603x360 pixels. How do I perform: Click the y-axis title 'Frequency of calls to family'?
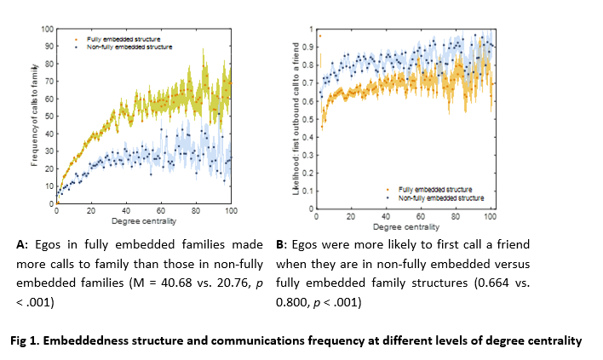tap(34, 116)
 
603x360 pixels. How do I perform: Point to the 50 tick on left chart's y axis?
tap(50, 117)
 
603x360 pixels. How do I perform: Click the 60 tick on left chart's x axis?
tap(161, 210)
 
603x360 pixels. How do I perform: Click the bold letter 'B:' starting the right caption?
tap(281, 244)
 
